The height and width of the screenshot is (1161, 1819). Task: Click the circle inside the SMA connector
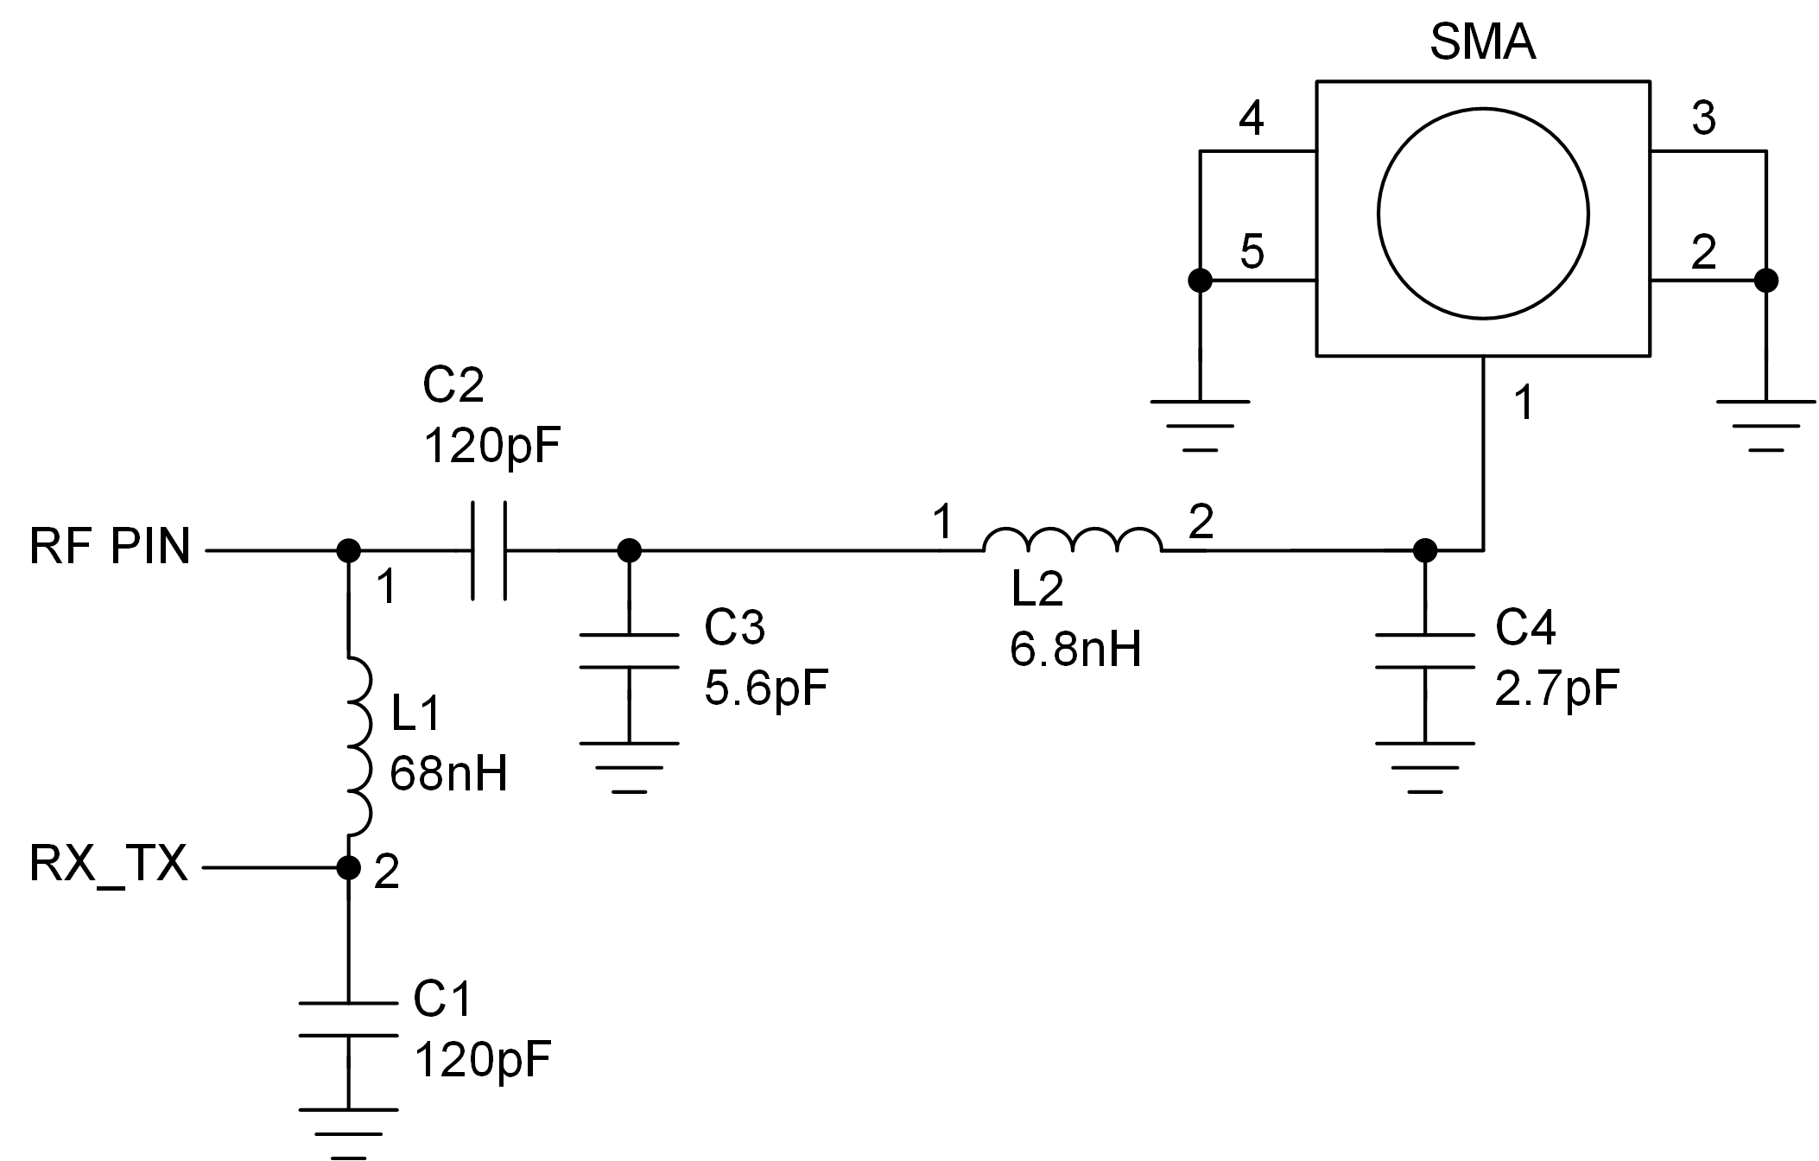click(x=1483, y=215)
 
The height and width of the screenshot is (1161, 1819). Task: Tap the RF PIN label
click(x=110, y=547)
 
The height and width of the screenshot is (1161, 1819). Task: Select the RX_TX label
click(x=108, y=863)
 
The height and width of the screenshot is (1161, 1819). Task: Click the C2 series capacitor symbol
click(x=489, y=549)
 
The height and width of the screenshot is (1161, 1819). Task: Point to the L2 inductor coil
click(x=1072, y=541)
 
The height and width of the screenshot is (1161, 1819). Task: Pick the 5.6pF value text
click(x=766, y=688)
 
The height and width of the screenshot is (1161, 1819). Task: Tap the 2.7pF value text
click(x=1556, y=688)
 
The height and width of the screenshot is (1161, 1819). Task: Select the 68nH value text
click(x=448, y=773)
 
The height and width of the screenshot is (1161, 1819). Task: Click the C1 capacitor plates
click(x=348, y=1019)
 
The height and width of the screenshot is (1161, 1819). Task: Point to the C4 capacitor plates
click(x=1424, y=651)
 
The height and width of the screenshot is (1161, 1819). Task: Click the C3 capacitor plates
click(x=629, y=651)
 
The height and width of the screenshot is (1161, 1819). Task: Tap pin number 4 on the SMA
click(x=1252, y=118)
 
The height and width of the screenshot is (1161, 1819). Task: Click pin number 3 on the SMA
click(x=1703, y=118)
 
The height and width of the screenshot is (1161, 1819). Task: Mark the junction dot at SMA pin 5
click(x=1200, y=280)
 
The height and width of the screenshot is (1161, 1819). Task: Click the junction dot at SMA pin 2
click(x=1766, y=280)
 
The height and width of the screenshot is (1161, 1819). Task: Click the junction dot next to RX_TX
click(x=348, y=866)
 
